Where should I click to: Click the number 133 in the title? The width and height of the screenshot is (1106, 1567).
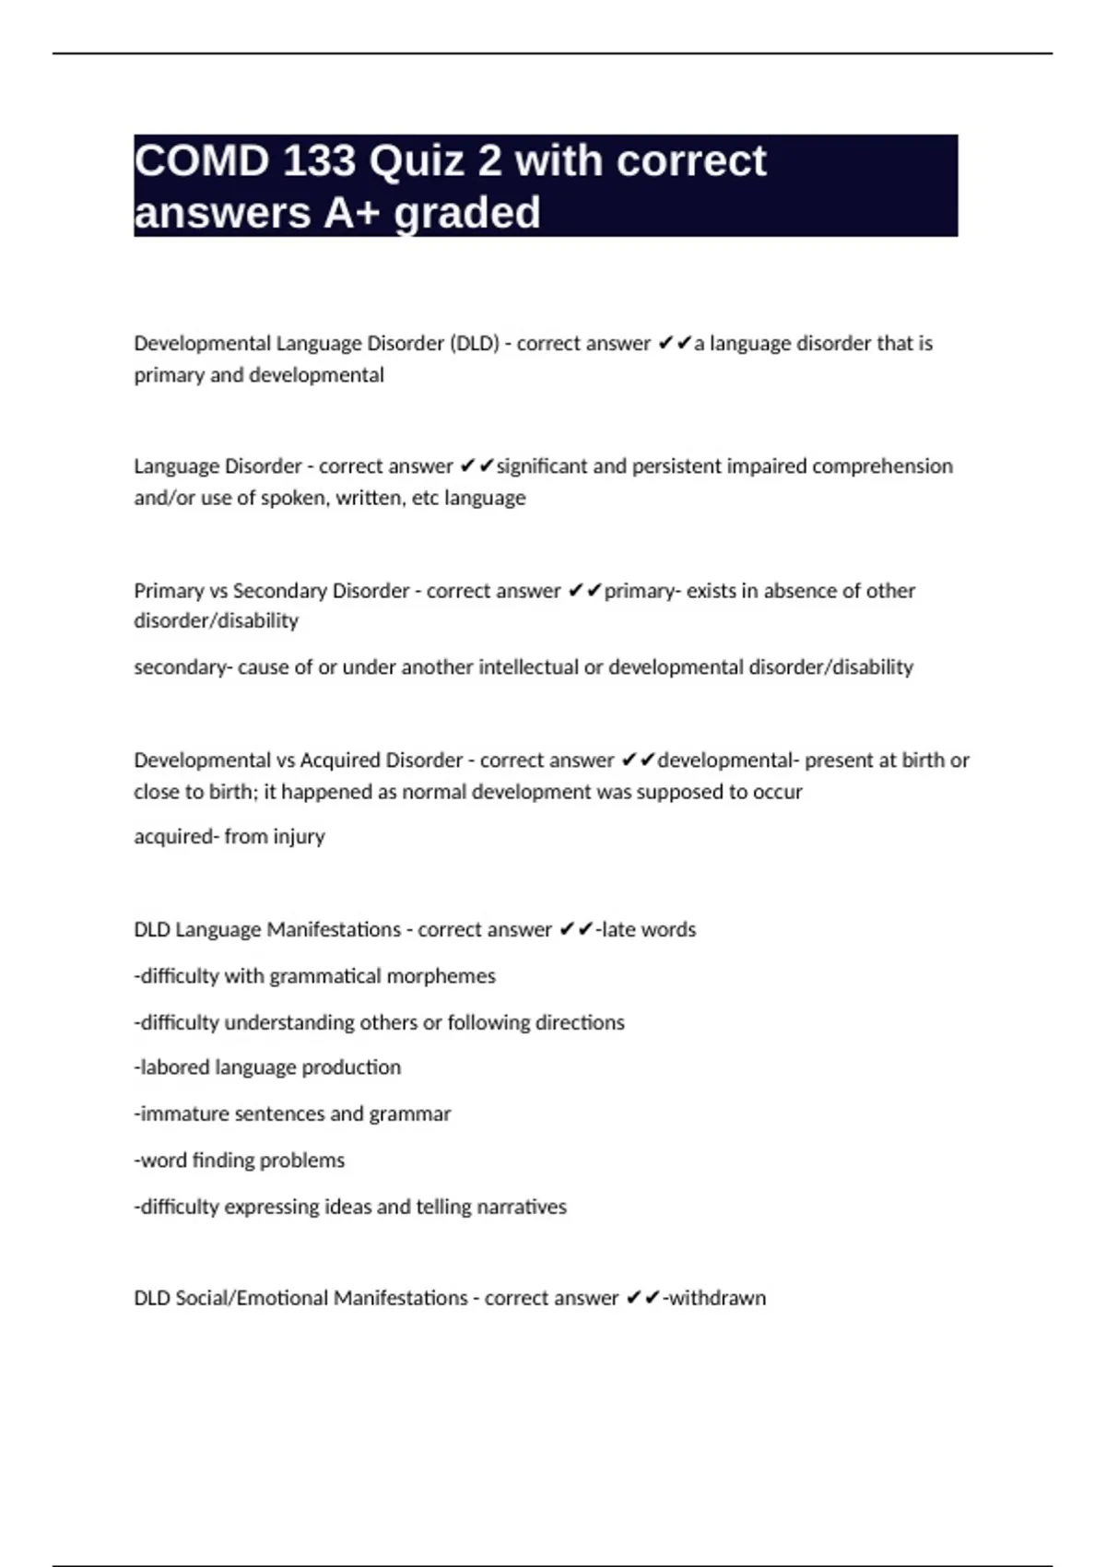pos(319,161)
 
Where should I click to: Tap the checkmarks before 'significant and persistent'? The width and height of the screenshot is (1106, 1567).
pos(477,466)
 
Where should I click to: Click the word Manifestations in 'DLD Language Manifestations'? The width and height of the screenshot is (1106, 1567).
pos(333,929)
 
